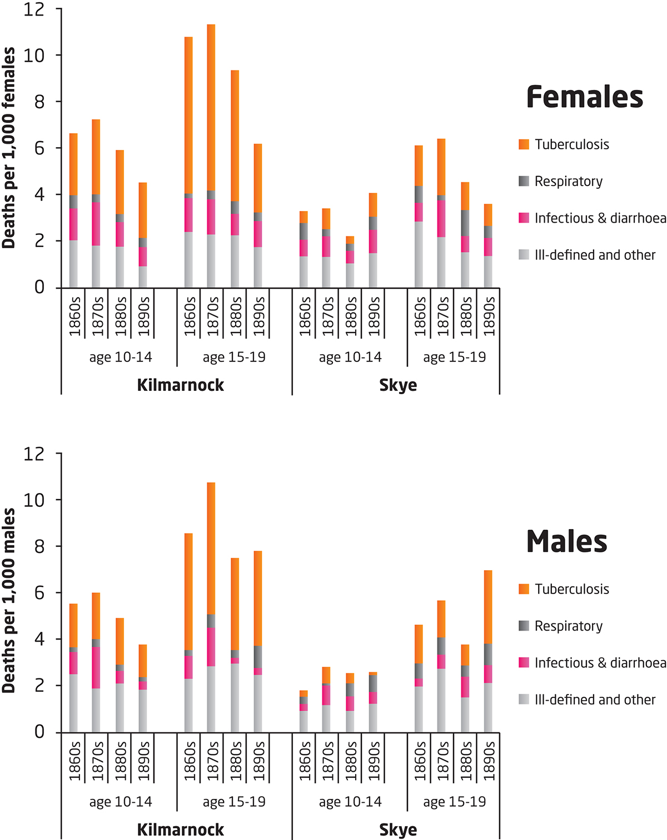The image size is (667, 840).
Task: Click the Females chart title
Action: (584, 97)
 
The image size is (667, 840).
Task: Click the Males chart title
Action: (566, 542)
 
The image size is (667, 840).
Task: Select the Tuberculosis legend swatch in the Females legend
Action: (524, 144)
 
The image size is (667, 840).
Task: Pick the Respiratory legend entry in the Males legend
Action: (568, 626)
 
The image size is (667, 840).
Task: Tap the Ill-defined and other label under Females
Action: (595, 255)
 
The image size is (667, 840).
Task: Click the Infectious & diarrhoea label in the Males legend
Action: (600, 663)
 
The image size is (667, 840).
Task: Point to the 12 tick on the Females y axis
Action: (34, 9)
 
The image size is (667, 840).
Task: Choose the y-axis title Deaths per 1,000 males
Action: (9, 600)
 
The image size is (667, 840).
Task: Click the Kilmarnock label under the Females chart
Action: (180, 385)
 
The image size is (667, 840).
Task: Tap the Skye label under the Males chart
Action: (398, 830)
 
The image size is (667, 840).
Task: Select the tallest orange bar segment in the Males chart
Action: (211, 549)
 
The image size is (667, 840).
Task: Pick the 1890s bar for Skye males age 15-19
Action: (488, 651)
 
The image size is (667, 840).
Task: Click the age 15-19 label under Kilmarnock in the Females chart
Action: (234, 357)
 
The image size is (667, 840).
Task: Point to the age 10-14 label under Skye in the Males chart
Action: (350, 802)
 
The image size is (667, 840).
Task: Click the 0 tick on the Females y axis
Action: (39, 288)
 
